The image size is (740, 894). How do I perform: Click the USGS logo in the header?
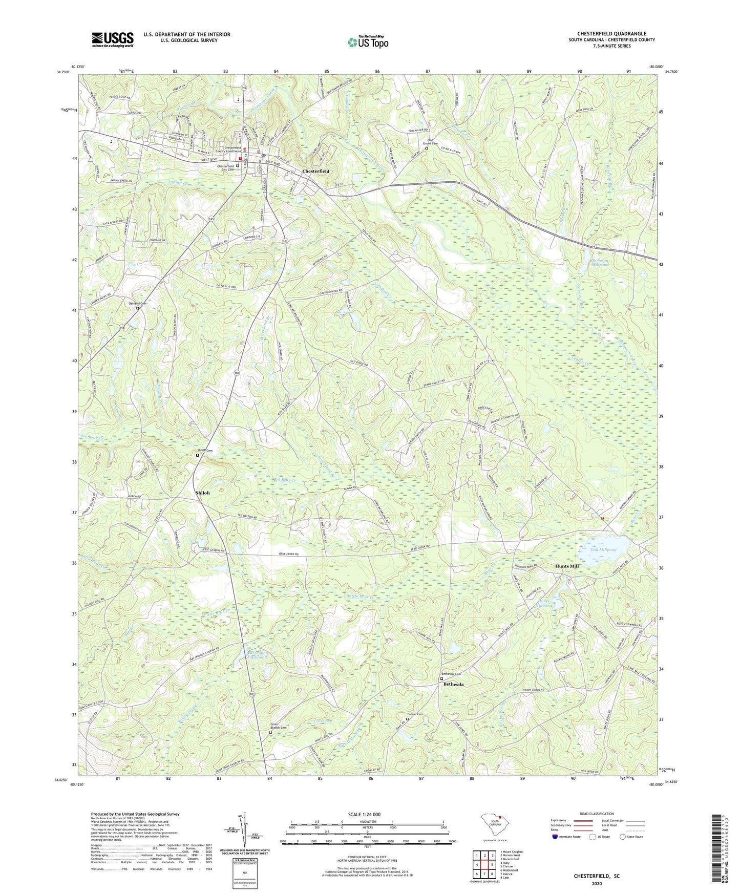[112, 39]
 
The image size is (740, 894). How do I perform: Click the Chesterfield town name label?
[315, 171]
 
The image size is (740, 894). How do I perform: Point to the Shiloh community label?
[202, 493]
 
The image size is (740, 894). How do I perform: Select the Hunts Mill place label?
[567, 566]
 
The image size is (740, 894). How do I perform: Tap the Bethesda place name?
[453, 685]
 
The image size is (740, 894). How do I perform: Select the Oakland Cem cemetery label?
[137, 303]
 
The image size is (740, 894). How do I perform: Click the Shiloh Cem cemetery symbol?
[198, 455]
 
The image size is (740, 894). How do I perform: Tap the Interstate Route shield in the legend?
[556, 837]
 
